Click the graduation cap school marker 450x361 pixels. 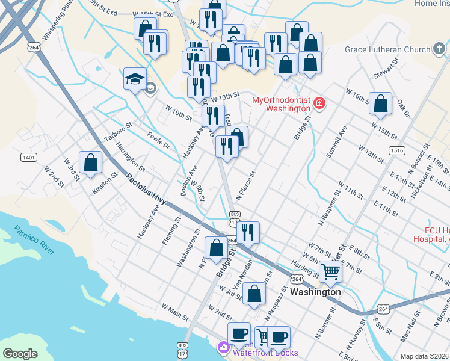[x=135, y=79]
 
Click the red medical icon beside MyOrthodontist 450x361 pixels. [x=319, y=104]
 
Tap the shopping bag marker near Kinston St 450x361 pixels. [x=90, y=162]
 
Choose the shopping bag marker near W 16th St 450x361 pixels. [x=381, y=103]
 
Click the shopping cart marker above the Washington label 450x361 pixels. [x=330, y=271]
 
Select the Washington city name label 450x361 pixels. [x=315, y=292]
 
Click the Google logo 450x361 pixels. [x=20, y=354]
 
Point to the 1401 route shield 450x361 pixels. [x=28, y=158]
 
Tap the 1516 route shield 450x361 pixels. [x=396, y=150]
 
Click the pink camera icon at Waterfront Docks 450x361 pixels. [x=223, y=347]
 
